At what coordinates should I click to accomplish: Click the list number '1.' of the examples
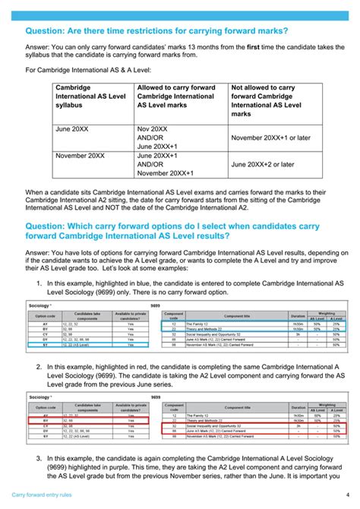coord(39,283)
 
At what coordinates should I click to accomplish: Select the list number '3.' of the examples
coord(39,459)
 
